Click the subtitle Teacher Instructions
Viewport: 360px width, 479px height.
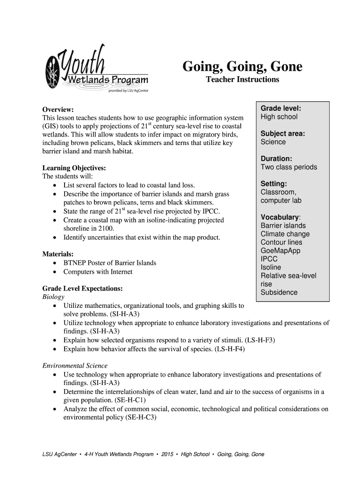click(x=242, y=80)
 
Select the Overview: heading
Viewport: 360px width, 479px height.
click(x=58, y=109)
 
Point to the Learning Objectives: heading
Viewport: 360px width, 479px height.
click(x=74, y=168)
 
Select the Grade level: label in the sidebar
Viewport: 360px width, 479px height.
click(x=281, y=109)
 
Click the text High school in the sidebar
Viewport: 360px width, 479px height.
click(x=279, y=117)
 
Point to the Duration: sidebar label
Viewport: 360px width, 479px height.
click(x=276, y=159)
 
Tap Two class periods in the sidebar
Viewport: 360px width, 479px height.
click(x=288, y=167)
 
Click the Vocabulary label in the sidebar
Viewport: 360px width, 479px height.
click(x=280, y=218)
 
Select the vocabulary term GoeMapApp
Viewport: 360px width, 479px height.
click(x=281, y=251)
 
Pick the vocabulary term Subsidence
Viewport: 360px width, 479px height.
click(x=279, y=292)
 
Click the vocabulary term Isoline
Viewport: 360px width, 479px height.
click(x=271, y=268)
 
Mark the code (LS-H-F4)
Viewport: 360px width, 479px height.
click(x=230, y=349)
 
